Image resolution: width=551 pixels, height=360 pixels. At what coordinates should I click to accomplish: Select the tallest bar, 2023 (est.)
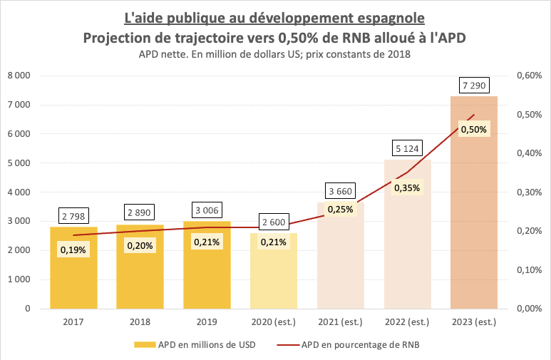(x=473, y=214)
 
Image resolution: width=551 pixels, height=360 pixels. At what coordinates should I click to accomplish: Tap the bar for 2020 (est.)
(x=274, y=278)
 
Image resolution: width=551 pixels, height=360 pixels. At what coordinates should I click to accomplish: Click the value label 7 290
(x=473, y=86)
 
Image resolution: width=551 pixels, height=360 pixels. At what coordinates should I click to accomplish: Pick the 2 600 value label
(x=274, y=222)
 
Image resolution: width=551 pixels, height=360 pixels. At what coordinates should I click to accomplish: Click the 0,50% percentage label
(x=473, y=129)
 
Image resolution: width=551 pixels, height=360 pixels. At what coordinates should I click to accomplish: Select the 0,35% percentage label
(x=407, y=188)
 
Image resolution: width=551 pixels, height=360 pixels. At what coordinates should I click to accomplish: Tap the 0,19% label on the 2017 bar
(x=73, y=249)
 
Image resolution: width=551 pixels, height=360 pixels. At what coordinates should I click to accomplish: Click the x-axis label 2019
(x=207, y=322)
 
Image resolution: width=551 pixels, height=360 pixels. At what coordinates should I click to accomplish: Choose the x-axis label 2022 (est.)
(x=407, y=322)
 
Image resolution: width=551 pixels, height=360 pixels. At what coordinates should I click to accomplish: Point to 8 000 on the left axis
(x=19, y=76)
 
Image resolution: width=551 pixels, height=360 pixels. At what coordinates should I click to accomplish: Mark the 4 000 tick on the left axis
(x=19, y=192)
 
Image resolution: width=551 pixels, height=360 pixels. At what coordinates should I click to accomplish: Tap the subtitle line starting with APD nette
(x=275, y=53)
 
